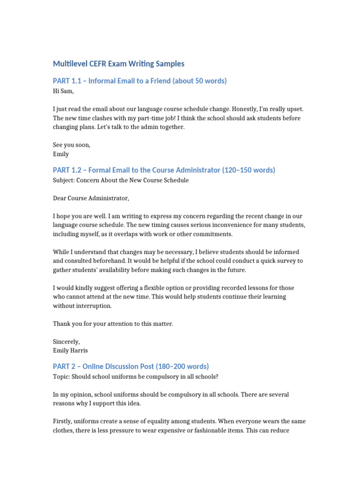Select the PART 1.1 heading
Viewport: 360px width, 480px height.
(140, 81)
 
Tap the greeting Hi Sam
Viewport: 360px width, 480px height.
(63, 91)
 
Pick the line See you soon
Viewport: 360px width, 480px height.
(72, 145)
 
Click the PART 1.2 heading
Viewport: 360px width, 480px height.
(164, 170)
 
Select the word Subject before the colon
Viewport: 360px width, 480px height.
(64, 180)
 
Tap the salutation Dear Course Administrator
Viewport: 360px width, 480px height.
(90, 198)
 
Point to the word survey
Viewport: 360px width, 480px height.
(281, 261)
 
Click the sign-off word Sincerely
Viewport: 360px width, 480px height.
(67, 341)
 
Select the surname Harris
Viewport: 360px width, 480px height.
(79, 350)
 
